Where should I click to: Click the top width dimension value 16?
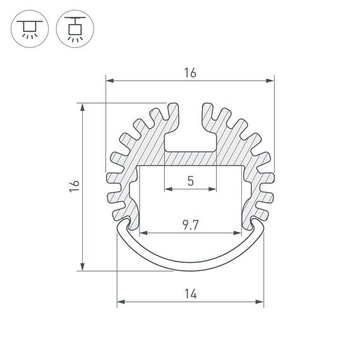tap(190, 73)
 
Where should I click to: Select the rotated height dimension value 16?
tap(75, 186)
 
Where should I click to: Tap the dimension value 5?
tap(190, 181)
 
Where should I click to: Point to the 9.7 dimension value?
tap(190, 225)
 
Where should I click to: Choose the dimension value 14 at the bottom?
tap(190, 294)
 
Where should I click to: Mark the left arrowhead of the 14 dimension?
tap(120, 302)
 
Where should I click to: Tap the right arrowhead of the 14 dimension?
tap(260, 302)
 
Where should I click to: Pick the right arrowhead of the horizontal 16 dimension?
tap(272, 81)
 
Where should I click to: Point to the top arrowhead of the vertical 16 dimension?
tap(83, 107)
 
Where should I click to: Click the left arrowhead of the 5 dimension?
tap(167, 189)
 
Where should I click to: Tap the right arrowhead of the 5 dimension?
tap(213, 189)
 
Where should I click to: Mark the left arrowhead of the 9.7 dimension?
tap(142, 232)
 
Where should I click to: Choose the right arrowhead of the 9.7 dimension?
tap(239, 232)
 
